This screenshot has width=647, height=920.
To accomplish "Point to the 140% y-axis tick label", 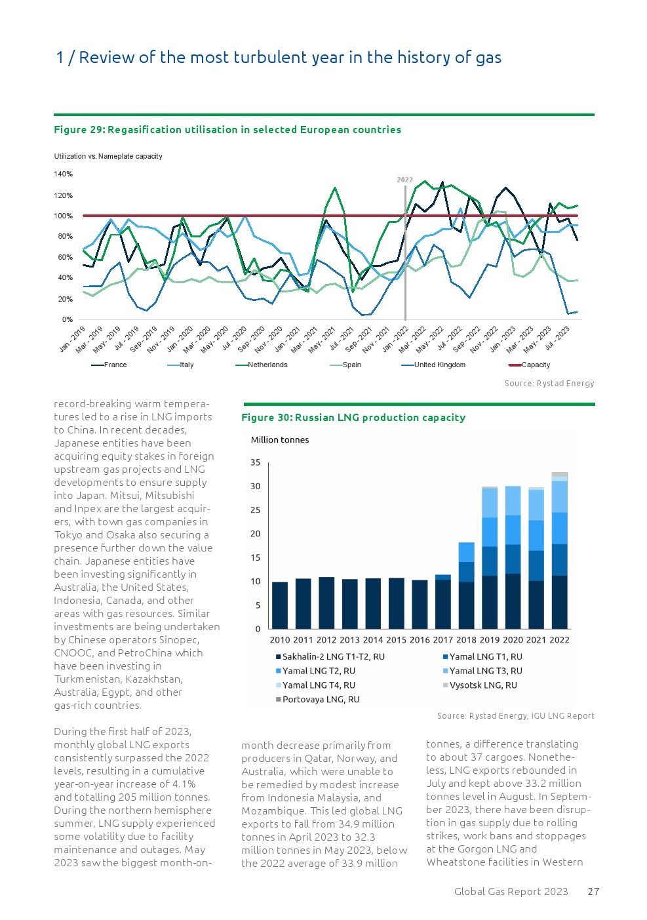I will [x=64, y=174].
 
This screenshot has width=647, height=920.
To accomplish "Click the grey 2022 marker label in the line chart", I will [x=405, y=180].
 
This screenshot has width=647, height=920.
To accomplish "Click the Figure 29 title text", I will [x=227, y=130].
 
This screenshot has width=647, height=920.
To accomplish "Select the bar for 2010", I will [x=280, y=605].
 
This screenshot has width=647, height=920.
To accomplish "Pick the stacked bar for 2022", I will [x=559, y=551].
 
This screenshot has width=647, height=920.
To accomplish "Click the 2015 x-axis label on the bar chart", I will [x=396, y=640].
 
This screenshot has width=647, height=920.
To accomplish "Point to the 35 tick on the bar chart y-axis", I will [x=256, y=462].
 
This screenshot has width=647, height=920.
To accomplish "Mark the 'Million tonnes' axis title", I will [x=280, y=440].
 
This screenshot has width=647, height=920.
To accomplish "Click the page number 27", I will [x=593, y=892].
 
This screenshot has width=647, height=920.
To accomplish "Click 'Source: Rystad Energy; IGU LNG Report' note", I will [x=515, y=716].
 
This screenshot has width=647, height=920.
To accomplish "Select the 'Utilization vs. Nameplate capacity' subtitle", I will [x=108, y=156].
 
